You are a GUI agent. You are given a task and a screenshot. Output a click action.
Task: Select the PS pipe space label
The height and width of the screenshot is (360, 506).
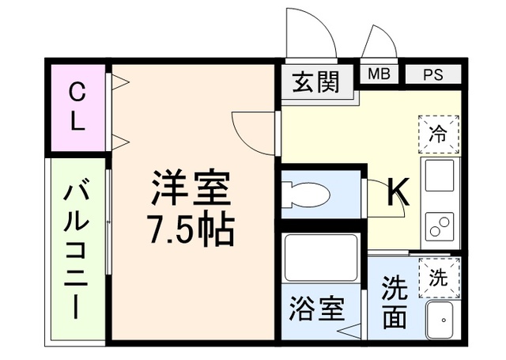pyautogui.click(x=432, y=75)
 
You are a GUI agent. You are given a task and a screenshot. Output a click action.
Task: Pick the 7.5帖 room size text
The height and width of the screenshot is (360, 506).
pyautogui.click(x=191, y=229)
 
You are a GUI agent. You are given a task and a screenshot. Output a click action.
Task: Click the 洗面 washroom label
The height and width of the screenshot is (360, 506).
pyautogui.click(x=395, y=301)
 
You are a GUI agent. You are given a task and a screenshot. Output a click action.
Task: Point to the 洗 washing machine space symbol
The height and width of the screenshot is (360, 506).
pyautogui.click(x=438, y=277)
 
